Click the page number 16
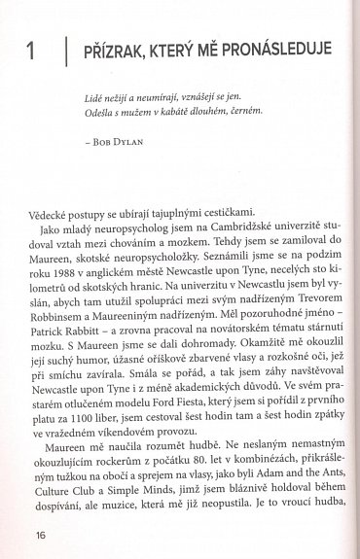coord(40,533)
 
